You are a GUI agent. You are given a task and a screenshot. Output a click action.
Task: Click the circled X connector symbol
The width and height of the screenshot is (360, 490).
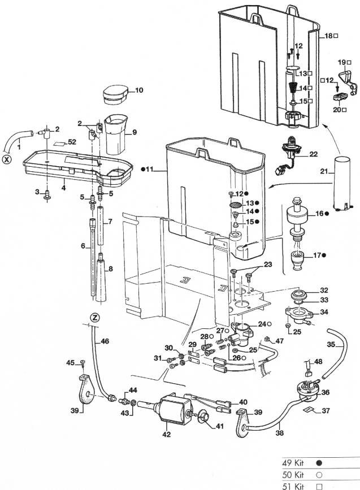7,159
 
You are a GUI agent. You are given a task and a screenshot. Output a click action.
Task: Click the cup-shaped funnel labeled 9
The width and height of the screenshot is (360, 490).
116,135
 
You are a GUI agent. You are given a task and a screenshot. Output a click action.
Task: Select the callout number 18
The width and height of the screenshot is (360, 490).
329,36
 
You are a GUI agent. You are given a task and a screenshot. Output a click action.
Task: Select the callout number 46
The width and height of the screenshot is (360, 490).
105,341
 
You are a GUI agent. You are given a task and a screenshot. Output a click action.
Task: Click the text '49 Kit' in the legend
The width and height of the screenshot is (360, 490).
293,461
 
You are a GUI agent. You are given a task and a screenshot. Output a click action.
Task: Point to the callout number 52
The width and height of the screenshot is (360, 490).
72,142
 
